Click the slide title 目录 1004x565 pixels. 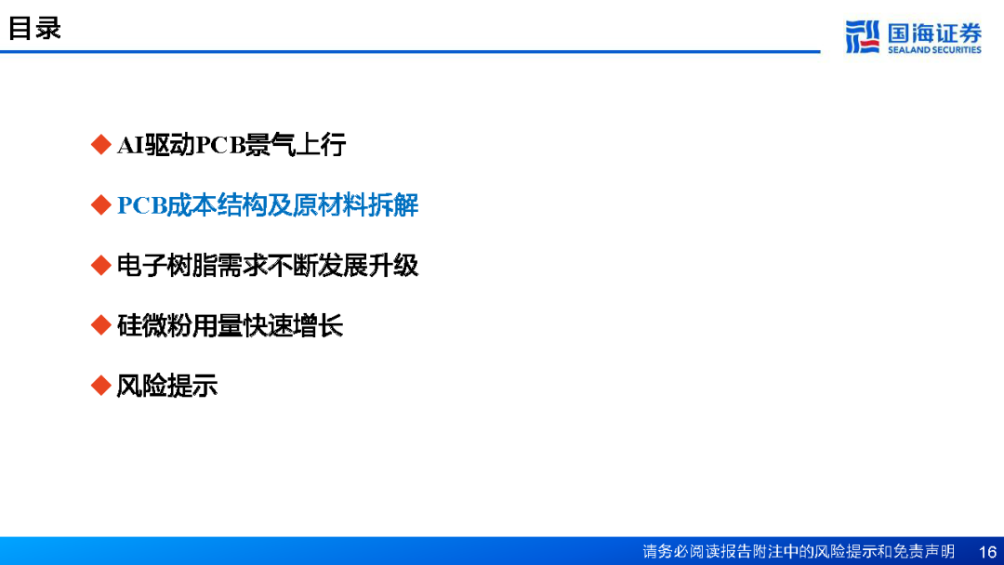click(x=34, y=28)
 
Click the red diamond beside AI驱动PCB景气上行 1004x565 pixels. click(x=101, y=145)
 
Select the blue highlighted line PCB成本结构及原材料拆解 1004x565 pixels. click(x=268, y=205)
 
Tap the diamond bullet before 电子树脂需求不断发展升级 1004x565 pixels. click(x=101, y=265)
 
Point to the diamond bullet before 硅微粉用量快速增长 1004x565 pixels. click(x=101, y=325)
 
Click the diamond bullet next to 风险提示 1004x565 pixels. click(x=101, y=386)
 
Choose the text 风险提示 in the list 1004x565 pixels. click(x=167, y=386)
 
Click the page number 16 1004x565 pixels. click(x=987, y=552)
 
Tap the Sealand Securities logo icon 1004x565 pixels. click(x=862, y=36)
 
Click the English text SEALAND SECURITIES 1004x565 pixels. click(x=934, y=50)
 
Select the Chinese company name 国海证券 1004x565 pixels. click(x=934, y=32)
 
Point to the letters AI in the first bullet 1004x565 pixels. click(x=130, y=145)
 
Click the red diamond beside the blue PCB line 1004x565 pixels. click(x=101, y=204)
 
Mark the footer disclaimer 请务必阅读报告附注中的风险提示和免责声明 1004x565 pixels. click(x=799, y=552)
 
